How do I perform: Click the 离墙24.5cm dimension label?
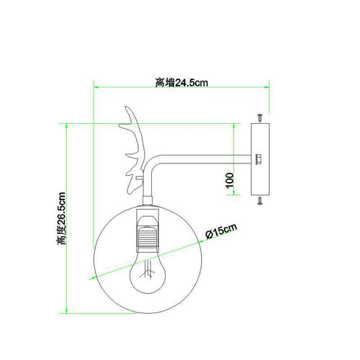pyautogui.click(x=181, y=83)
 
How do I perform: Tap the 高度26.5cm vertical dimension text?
pyautogui.click(x=61, y=218)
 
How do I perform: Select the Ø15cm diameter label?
pyautogui.click(x=221, y=231)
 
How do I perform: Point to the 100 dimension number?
pyautogui.click(x=230, y=180)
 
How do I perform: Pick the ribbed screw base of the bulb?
pyautogui.click(x=147, y=237)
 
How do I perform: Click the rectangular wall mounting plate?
pyautogui.click(x=260, y=159)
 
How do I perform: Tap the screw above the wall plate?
pyautogui.click(x=260, y=118)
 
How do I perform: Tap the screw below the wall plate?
pyautogui.click(x=260, y=200)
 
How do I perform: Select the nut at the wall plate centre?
pyautogui.click(x=258, y=159)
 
